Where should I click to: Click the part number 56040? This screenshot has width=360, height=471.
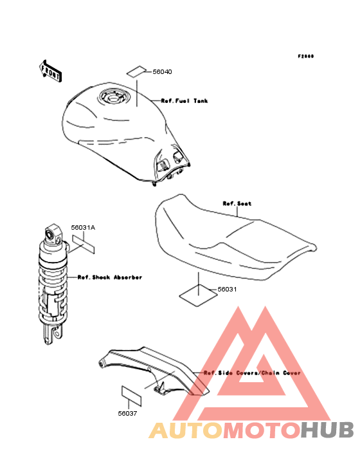click(162, 72)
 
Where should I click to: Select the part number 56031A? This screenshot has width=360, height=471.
click(83, 228)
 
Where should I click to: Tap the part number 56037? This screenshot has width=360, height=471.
click(127, 413)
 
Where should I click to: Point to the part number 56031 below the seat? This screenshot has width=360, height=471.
click(227, 290)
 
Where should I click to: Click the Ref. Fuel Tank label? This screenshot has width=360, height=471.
click(184, 101)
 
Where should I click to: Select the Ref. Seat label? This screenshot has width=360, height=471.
click(237, 204)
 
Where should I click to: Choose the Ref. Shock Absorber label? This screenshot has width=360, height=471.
click(110, 277)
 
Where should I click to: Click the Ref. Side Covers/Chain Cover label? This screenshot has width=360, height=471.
click(252, 373)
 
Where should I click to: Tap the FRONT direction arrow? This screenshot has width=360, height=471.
click(50, 71)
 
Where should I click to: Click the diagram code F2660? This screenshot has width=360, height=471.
click(306, 56)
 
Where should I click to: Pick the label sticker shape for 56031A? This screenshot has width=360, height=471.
click(84, 245)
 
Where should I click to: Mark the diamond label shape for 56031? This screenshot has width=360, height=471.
click(198, 296)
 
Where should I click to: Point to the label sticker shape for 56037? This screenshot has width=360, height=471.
click(131, 396)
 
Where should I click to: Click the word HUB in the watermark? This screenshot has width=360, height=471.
click(327, 430)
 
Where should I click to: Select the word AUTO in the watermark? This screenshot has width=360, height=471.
click(186, 430)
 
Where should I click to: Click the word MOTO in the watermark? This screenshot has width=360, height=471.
click(262, 430)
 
